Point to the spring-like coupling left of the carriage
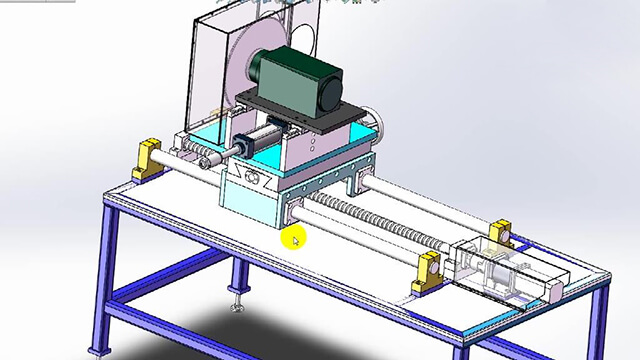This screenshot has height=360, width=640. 208,156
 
